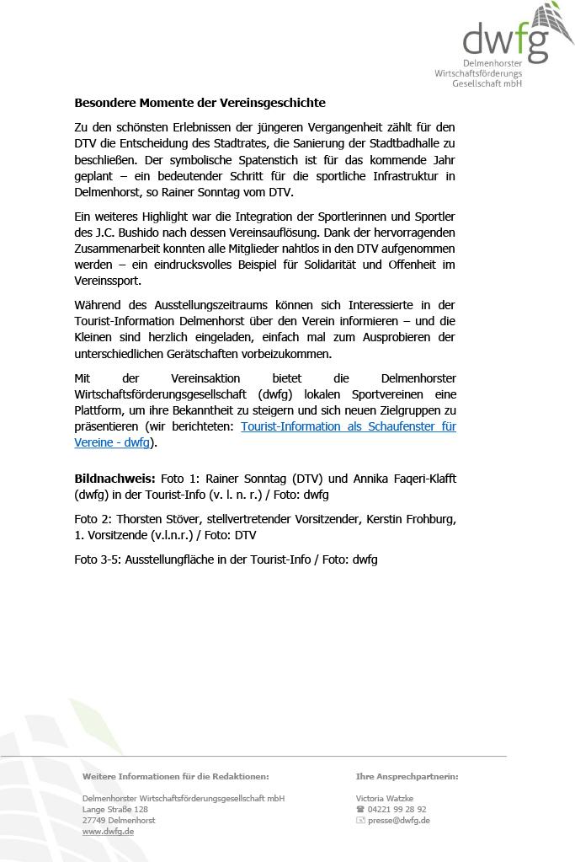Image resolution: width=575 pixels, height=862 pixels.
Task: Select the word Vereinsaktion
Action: tap(207, 377)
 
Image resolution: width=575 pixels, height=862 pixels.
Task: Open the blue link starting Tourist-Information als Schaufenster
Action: tap(348, 426)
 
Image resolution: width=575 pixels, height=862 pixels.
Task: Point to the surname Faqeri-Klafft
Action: tap(419, 478)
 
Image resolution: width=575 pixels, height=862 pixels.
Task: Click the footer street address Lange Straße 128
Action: tap(115, 809)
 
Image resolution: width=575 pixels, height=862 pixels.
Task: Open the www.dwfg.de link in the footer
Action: tap(108, 831)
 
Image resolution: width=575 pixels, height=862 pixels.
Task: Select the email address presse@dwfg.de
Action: tap(398, 820)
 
